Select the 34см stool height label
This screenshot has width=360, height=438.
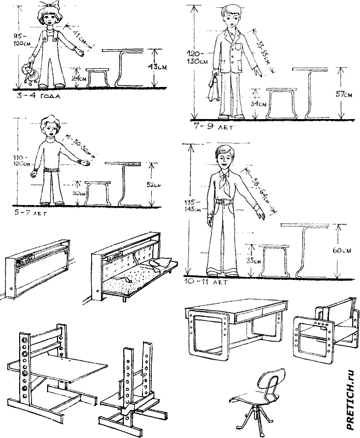tap(258, 104)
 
